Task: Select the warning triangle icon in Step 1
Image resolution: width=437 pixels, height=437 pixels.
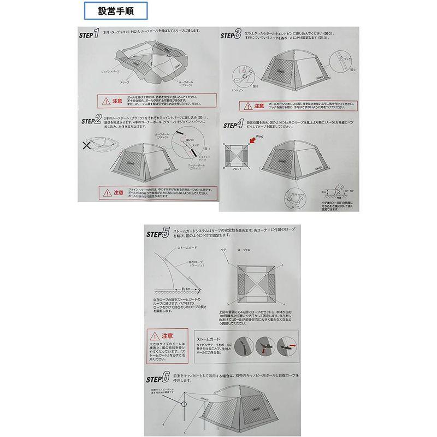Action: click(103, 100)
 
